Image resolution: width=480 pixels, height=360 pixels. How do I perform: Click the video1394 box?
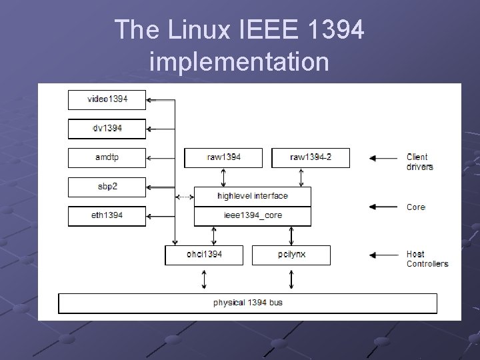click(107, 100)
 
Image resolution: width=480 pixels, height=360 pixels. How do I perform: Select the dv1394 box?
click(107, 129)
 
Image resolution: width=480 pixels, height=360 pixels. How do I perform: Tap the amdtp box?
click(107, 158)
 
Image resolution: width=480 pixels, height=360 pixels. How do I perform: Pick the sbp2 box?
click(107, 187)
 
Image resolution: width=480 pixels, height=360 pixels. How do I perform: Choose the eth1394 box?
click(107, 216)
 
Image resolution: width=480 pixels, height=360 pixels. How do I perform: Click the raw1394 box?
click(224, 158)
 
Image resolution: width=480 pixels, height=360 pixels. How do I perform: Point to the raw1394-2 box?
click(311, 158)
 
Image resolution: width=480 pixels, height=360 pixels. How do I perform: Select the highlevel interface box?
click(253, 196)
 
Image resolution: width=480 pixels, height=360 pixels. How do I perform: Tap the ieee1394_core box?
click(253, 216)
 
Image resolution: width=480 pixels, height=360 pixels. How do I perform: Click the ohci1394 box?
click(205, 255)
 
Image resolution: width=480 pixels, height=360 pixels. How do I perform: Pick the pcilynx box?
click(291, 255)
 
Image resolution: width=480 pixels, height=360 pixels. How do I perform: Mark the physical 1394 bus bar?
click(248, 303)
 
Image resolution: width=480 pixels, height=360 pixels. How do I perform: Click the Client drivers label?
click(420, 162)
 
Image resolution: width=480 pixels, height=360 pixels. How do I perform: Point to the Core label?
click(416, 207)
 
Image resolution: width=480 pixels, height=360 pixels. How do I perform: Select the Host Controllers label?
click(427, 259)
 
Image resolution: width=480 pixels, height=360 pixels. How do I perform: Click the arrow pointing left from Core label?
click(383, 207)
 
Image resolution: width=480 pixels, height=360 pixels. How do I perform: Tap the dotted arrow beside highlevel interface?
click(183, 197)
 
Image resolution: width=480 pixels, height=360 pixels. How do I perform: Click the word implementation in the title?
click(239, 62)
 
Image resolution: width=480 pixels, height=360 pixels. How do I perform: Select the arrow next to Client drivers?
click(383, 158)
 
